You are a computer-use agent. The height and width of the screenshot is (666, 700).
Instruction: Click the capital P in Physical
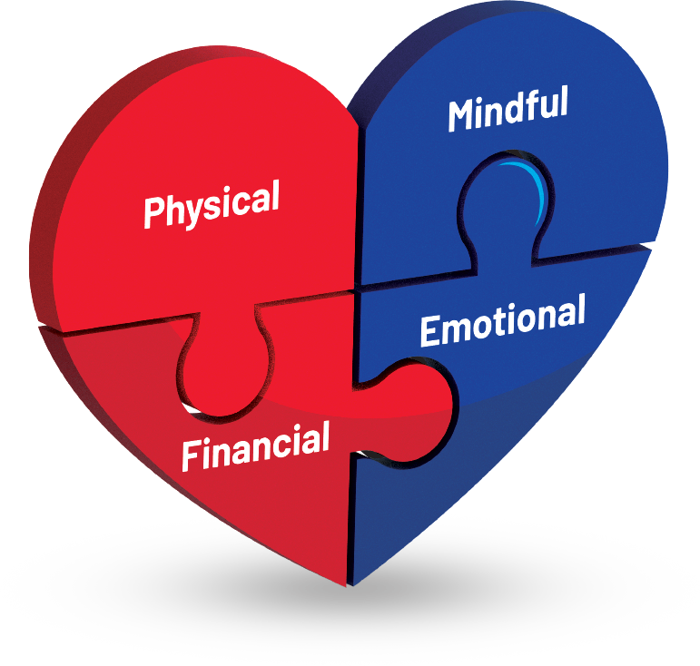(153, 211)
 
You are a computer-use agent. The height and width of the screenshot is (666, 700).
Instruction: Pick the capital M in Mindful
(460, 116)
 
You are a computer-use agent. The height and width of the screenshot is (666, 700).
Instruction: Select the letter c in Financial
(289, 444)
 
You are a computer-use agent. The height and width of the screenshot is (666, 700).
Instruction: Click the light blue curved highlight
(536, 186)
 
